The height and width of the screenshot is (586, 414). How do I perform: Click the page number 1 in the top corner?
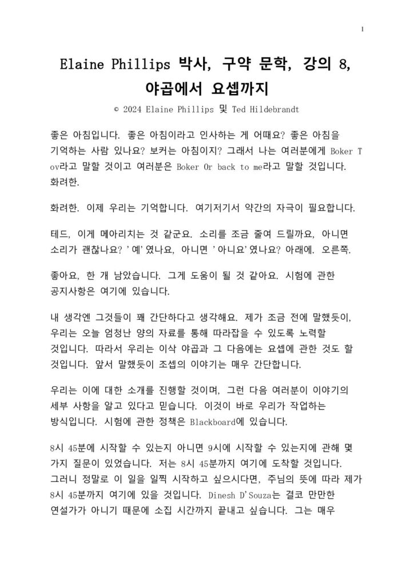[363, 29]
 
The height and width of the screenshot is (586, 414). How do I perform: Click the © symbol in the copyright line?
[117, 109]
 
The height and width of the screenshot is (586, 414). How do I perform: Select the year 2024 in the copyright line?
[133, 109]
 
